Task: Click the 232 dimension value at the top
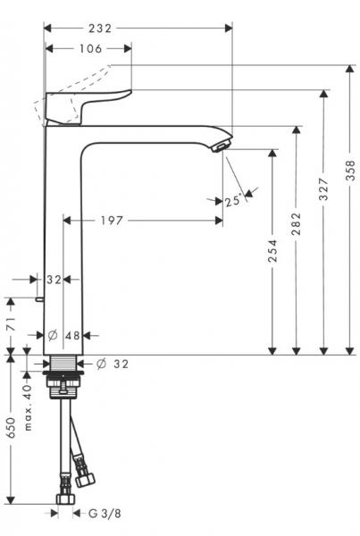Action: [127, 29]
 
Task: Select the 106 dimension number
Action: [88, 50]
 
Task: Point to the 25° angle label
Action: [234, 202]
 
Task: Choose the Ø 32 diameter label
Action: [113, 364]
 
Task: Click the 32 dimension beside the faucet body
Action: [54, 280]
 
